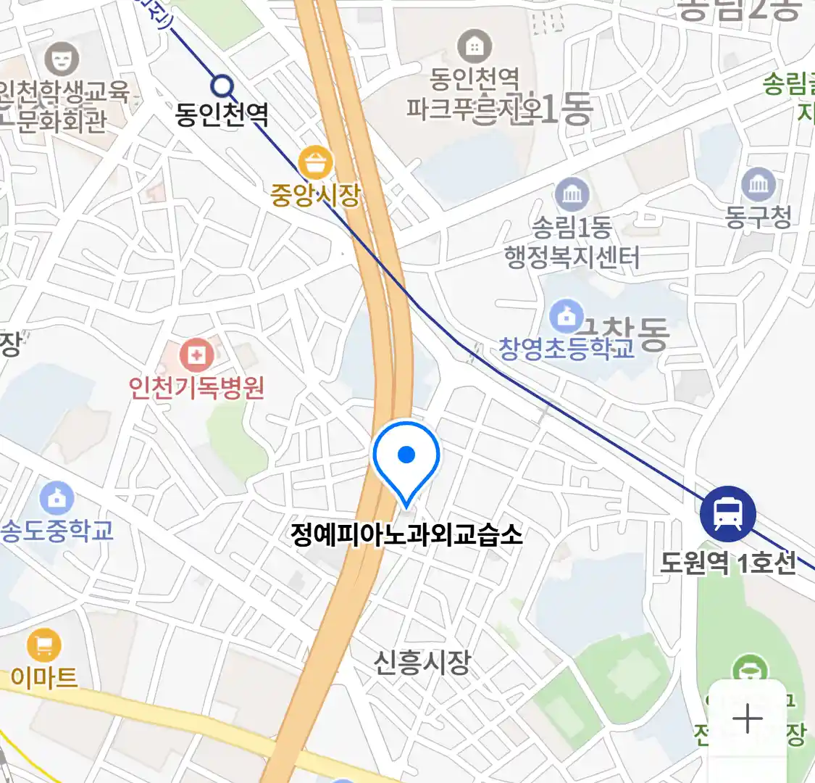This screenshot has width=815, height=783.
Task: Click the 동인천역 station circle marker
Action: tap(223, 87)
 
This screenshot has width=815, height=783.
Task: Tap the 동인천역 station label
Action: tap(222, 115)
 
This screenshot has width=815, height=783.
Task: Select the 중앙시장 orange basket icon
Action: tap(315, 164)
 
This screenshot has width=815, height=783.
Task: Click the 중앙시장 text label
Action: tap(315, 194)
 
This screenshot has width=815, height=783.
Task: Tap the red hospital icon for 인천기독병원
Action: tap(196, 355)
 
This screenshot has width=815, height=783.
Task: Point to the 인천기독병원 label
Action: tap(197, 388)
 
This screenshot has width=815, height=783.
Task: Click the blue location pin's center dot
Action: tap(406, 455)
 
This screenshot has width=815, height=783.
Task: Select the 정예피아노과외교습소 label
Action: tap(406, 535)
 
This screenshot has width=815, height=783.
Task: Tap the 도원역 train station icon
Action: tap(727, 513)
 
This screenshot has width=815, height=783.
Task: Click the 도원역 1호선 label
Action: tap(728, 563)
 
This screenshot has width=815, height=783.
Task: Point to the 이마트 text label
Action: tap(44, 677)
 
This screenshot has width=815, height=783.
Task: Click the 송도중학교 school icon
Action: tap(57, 498)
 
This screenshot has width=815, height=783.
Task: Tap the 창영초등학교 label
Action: tap(567, 349)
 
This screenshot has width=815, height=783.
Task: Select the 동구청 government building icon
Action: tap(758, 185)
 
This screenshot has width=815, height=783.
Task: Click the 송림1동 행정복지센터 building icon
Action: tap(572, 194)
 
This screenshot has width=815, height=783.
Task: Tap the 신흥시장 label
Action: tap(422, 661)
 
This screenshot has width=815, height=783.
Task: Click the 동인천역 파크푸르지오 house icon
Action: tap(475, 47)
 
